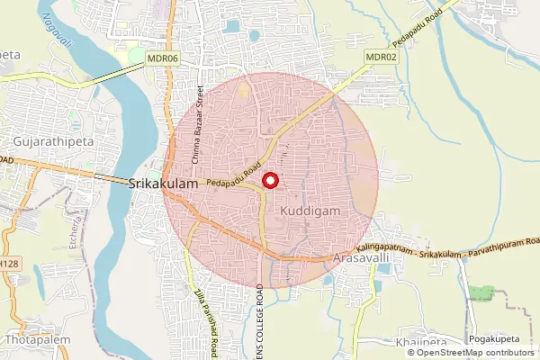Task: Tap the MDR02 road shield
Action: coord(381,57)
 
